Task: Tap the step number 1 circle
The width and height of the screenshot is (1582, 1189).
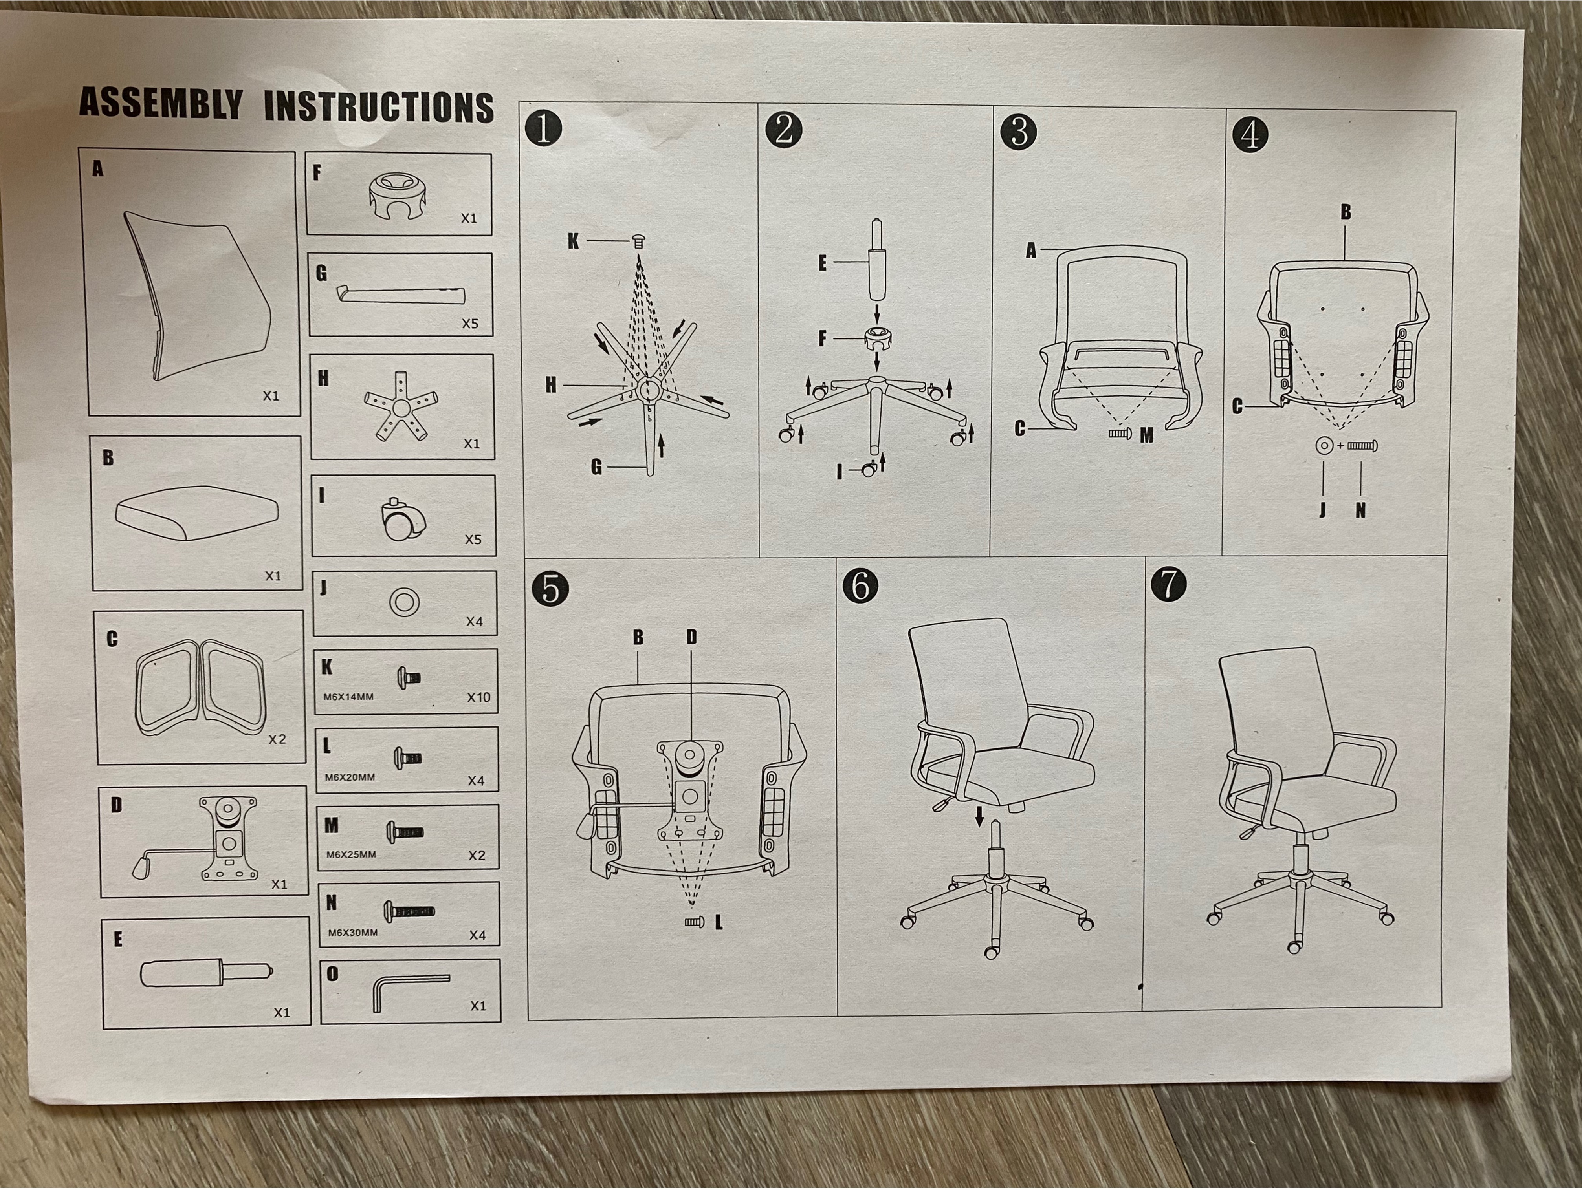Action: pos(544,129)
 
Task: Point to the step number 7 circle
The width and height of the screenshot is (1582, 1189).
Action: pos(1169,584)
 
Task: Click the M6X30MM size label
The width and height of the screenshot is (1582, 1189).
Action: pos(353,932)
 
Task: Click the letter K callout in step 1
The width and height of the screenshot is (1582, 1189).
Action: pos(573,241)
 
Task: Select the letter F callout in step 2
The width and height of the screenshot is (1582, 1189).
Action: pos(823,338)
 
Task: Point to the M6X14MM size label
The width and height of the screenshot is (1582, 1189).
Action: pos(348,696)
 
